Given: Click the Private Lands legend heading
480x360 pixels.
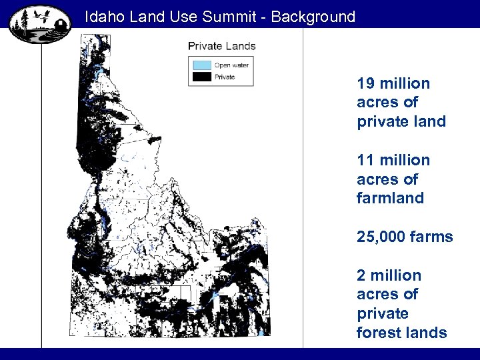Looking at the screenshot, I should pos(221,46).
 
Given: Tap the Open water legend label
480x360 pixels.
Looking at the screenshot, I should pos(231,65).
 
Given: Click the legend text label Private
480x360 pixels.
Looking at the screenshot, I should pos(225,77).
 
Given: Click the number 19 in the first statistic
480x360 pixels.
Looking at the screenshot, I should pos(365,84).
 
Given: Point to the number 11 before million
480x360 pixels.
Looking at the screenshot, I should pos(365,161).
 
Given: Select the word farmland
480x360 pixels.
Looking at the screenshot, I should pos(390,198).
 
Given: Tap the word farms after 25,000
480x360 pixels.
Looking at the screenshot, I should pos(431,237).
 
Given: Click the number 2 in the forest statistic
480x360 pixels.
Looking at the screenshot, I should pos(361,275).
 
